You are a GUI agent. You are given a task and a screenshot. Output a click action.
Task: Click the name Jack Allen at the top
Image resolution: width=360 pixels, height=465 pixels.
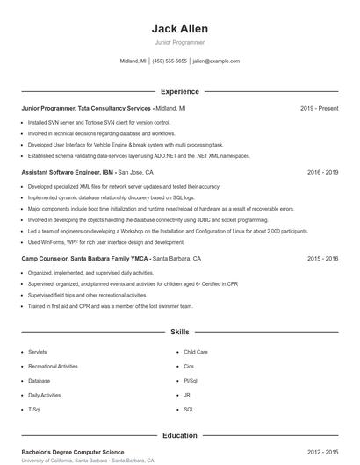tap(179, 29)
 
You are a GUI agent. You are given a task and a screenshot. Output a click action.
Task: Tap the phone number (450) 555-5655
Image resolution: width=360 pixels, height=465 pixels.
tap(169, 61)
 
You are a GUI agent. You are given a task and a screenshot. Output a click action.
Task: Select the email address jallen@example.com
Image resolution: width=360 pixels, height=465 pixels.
tap(216, 61)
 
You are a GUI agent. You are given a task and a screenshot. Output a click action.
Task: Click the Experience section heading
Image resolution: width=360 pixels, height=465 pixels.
tap(179, 91)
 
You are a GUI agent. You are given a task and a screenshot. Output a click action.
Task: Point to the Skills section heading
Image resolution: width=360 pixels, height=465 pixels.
tap(179, 333)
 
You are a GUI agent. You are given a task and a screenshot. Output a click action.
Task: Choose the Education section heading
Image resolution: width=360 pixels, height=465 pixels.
tap(179, 435)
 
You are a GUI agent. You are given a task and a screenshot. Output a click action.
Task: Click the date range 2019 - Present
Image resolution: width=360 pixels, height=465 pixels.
tap(319, 108)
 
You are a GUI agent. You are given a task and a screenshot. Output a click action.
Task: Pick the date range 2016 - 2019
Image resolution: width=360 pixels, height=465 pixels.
tap(322, 173)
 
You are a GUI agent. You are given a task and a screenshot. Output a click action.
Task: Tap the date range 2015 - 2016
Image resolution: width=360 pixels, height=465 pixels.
tap(322, 259)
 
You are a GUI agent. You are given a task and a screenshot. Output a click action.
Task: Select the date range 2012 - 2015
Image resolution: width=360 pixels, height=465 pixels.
tap(322, 452)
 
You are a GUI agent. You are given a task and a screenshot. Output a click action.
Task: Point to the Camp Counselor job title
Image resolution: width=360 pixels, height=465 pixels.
tap(85, 259)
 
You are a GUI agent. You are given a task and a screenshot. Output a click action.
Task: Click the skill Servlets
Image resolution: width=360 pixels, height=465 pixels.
tap(38, 352)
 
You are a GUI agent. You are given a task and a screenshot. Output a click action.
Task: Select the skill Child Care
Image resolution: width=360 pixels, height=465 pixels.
tap(196, 352)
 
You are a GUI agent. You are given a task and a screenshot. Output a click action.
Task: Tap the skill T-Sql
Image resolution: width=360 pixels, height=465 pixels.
tap(34, 410)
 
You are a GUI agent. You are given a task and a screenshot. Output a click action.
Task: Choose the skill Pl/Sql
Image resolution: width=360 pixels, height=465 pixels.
tap(191, 381)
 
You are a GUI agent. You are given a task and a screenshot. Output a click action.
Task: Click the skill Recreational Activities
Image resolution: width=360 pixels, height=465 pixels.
tap(53, 366)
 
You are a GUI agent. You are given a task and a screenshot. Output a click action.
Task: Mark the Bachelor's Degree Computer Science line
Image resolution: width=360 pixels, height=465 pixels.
tap(72, 452)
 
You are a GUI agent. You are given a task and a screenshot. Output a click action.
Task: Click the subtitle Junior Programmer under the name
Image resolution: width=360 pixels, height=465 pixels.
tap(179, 42)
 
